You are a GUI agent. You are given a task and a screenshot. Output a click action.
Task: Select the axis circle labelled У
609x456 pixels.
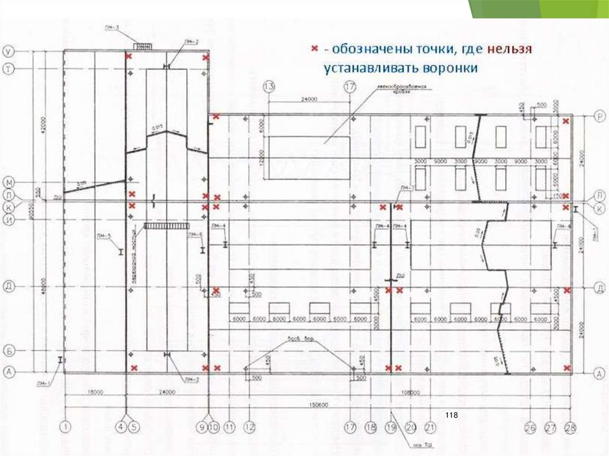(10, 51)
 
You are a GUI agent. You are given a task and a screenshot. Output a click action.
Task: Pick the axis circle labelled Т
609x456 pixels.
(10, 68)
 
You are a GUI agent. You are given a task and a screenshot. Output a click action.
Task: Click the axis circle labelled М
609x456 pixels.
(10, 180)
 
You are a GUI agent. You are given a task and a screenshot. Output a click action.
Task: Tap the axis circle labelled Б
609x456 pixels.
(10, 351)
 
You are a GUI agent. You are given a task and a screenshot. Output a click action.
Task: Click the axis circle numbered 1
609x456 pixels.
(65, 426)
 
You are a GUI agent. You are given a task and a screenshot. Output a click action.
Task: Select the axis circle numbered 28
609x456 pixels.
(571, 426)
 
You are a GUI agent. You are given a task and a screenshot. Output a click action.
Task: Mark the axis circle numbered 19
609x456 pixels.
(391, 426)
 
